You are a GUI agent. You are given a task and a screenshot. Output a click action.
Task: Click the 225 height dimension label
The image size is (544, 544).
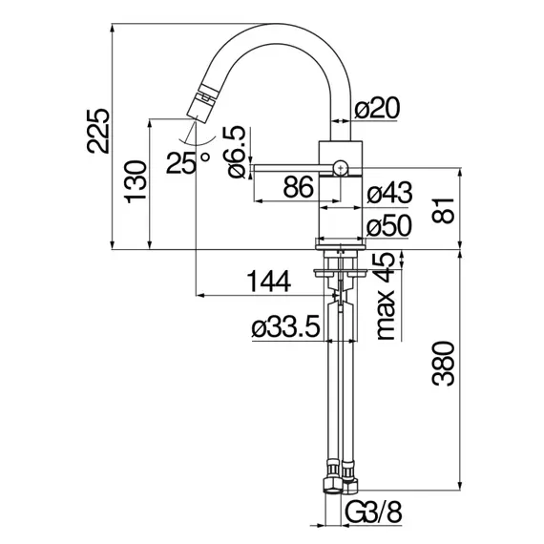[98, 131]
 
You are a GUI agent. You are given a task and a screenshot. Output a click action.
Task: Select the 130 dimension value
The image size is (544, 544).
[136, 181]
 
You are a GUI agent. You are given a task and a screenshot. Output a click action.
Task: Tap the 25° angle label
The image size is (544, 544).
[188, 162]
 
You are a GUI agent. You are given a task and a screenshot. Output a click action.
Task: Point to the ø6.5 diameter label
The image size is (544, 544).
[234, 152]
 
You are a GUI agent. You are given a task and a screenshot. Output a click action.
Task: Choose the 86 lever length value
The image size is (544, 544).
[299, 186]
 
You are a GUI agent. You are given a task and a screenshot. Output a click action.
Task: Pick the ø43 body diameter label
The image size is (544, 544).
[389, 192]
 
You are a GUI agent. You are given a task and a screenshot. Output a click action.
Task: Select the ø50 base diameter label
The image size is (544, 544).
[389, 226]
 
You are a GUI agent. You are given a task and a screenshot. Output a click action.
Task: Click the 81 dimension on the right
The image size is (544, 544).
[443, 211]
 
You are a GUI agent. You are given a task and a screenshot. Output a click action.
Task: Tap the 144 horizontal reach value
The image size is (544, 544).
[268, 281]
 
